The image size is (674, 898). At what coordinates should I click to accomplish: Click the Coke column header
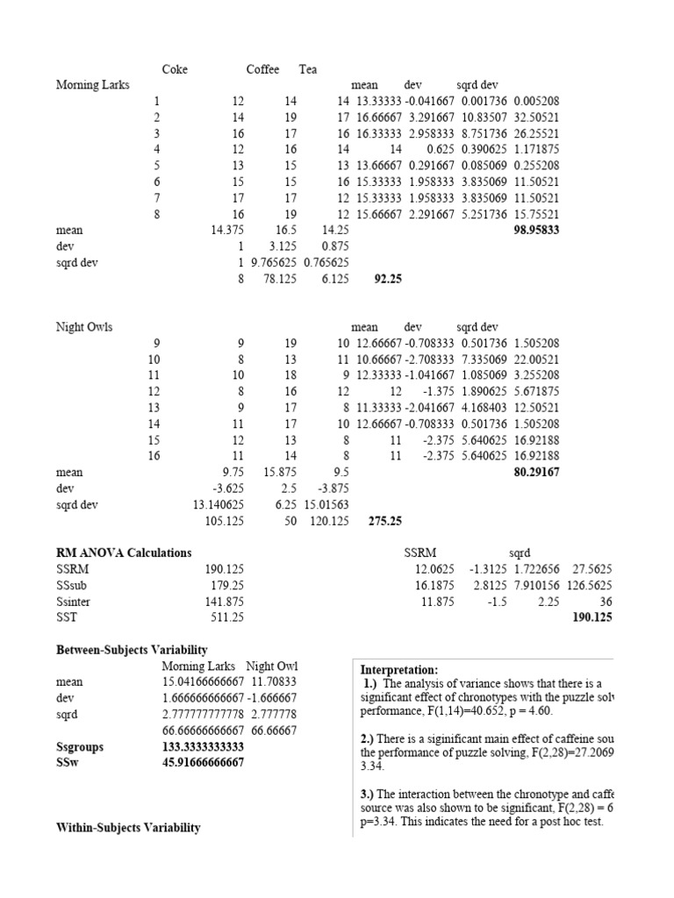(x=175, y=69)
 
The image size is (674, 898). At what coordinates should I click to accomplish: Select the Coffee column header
(x=262, y=69)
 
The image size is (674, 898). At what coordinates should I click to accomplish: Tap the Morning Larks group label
(x=92, y=85)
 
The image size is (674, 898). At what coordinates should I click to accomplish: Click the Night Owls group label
(x=84, y=327)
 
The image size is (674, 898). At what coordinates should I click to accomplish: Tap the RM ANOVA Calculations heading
(x=123, y=553)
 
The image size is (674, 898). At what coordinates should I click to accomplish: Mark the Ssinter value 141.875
(x=224, y=602)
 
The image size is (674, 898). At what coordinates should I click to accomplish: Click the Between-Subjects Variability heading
(x=132, y=650)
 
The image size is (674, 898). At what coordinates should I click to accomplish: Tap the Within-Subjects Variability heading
(x=128, y=827)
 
